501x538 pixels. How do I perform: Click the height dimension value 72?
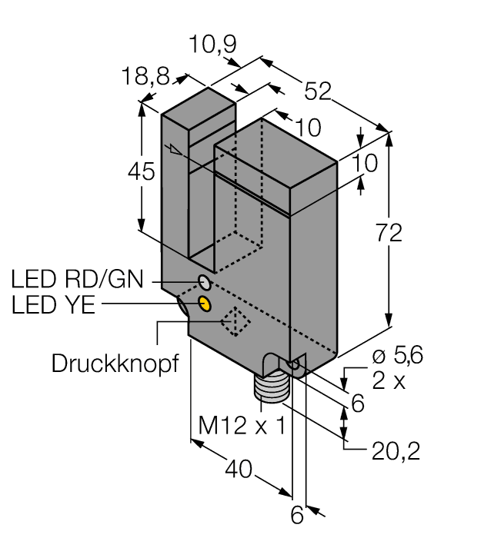pyautogui.click(x=392, y=233)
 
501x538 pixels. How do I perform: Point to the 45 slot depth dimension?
pyautogui.click(x=142, y=172)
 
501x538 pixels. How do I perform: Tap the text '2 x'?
pyautogui.click(x=389, y=380)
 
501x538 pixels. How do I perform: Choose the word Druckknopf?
pyautogui.click(x=114, y=363)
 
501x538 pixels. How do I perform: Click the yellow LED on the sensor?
pyautogui.click(x=205, y=304)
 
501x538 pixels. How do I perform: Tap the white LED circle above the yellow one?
pyautogui.click(x=203, y=281)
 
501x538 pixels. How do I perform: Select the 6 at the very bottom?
pyautogui.click(x=296, y=516)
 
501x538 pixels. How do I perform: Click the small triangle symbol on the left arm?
pyautogui.click(x=176, y=151)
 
